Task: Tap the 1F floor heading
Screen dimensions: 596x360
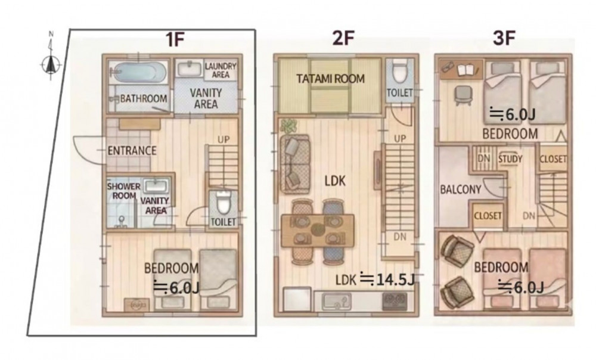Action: (x=175, y=39)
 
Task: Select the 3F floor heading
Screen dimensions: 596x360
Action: (x=504, y=39)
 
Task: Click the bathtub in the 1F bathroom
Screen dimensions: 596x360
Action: (x=140, y=72)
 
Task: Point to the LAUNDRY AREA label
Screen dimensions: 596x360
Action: (x=221, y=70)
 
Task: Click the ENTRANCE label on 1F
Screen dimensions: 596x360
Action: (x=132, y=151)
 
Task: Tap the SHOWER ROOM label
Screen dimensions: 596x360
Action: (x=123, y=191)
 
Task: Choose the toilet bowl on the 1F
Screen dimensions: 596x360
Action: (x=223, y=203)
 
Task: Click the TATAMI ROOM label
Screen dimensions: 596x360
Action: (x=330, y=79)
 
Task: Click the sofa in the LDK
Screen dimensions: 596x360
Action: (x=295, y=163)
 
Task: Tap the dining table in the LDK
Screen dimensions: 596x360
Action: (x=318, y=230)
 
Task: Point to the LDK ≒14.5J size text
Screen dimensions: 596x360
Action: (x=374, y=280)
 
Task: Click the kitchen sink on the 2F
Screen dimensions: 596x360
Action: (x=337, y=302)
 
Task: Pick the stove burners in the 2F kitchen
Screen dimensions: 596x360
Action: (x=395, y=302)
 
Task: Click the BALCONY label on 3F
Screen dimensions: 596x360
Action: (x=460, y=189)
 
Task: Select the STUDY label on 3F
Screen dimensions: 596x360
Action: (x=510, y=159)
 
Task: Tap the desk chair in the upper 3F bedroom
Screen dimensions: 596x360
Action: (x=463, y=95)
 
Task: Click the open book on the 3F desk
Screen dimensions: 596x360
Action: (x=465, y=70)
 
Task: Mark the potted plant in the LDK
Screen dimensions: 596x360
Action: (x=290, y=126)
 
